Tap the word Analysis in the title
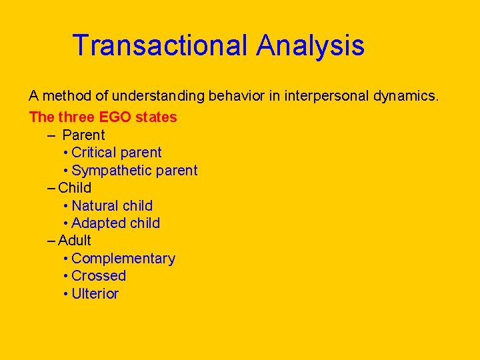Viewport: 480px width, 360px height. (311, 45)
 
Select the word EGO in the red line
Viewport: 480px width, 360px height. (115, 117)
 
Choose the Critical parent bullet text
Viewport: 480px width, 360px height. (117, 153)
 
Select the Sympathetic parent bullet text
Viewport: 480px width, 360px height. (135, 170)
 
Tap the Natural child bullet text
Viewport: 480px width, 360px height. (112, 205)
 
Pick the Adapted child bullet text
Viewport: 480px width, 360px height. (115, 223)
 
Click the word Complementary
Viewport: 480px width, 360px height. (123, 258)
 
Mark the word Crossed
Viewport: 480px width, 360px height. (99, 275)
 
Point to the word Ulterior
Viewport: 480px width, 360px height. (95, 293)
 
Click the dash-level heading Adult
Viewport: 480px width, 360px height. (75, 240)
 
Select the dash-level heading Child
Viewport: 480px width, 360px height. (75, 187)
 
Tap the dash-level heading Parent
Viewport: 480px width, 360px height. (83, 135)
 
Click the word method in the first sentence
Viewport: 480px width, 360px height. (61, 96)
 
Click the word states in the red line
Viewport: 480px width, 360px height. (156, 117)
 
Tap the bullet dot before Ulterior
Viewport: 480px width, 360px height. (65, 294)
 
